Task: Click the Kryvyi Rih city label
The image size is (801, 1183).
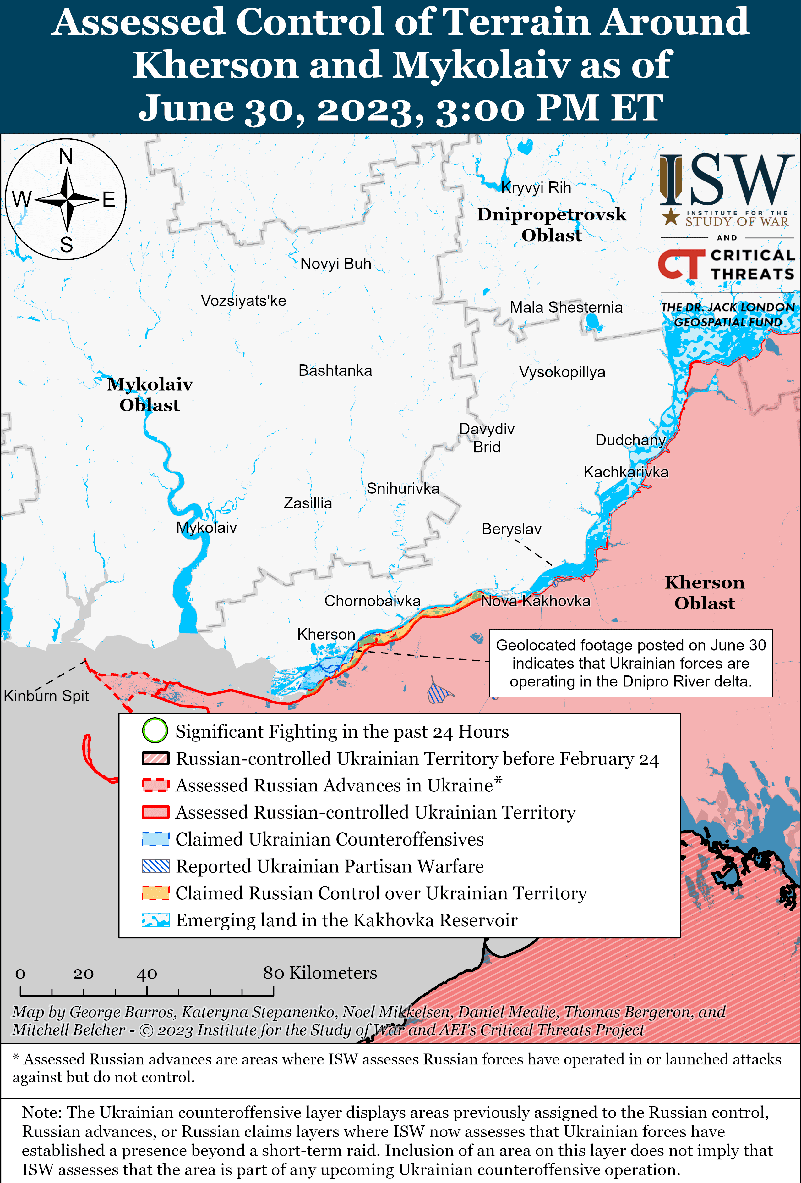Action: point(536,187)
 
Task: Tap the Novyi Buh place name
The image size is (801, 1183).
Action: point(336,264)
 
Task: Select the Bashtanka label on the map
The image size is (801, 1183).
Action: point(335,370)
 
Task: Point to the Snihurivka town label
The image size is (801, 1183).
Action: point(403,489)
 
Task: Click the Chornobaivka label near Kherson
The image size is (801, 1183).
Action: point(372,601)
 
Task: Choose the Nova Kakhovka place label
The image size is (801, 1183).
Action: point(536,601)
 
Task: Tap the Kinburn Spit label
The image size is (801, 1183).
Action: point(46,696)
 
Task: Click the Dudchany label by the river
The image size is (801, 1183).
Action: point(630,440)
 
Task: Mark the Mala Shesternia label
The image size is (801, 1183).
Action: point(566,308)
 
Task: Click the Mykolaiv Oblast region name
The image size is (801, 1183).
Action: point(150,395)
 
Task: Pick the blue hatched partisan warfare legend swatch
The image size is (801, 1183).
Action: point(155,866)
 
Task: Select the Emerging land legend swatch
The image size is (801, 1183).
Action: point(155,920)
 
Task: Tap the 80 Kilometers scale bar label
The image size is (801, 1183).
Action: point(319,973)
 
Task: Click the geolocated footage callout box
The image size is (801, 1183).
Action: point(631,663)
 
